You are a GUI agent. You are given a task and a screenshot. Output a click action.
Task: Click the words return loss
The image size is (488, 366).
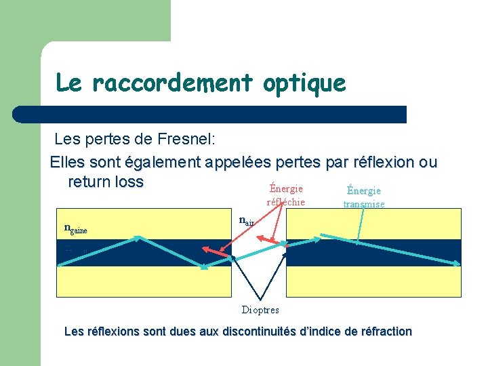[x=106, y=182]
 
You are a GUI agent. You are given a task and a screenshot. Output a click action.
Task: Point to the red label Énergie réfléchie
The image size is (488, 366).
[x=285, y=195]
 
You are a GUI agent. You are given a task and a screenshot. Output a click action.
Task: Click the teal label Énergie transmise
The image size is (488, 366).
[x=363, y=197]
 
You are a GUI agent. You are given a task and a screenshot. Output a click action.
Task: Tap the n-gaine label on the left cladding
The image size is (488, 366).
[x=76, y=228]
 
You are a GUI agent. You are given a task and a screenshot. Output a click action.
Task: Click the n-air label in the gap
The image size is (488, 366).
[x=246, y=220]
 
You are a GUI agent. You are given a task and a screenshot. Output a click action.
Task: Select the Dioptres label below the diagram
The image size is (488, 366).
[x=260, y=310]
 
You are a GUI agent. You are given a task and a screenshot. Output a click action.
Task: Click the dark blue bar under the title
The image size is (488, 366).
[x=210, y=114]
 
